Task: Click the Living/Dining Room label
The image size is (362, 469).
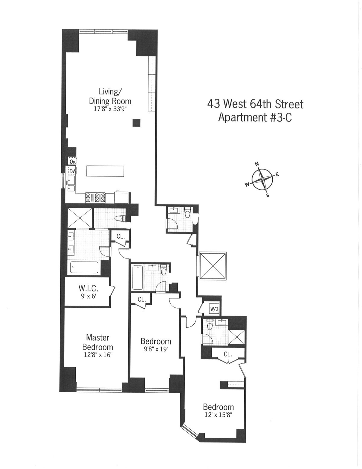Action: click(110, 96)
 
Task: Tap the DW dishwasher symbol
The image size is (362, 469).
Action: click(72, 171)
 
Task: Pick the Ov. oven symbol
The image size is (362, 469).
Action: click(72, 161)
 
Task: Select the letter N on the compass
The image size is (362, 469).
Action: click(257, 164)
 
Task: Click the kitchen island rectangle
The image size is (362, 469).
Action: click(105, 171)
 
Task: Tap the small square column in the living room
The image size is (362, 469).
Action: click(136, 122)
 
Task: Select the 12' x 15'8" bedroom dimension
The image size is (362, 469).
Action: click(218, 415)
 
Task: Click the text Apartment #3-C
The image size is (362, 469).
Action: click(255, 117)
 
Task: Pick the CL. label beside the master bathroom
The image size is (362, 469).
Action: click(121, 236)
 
